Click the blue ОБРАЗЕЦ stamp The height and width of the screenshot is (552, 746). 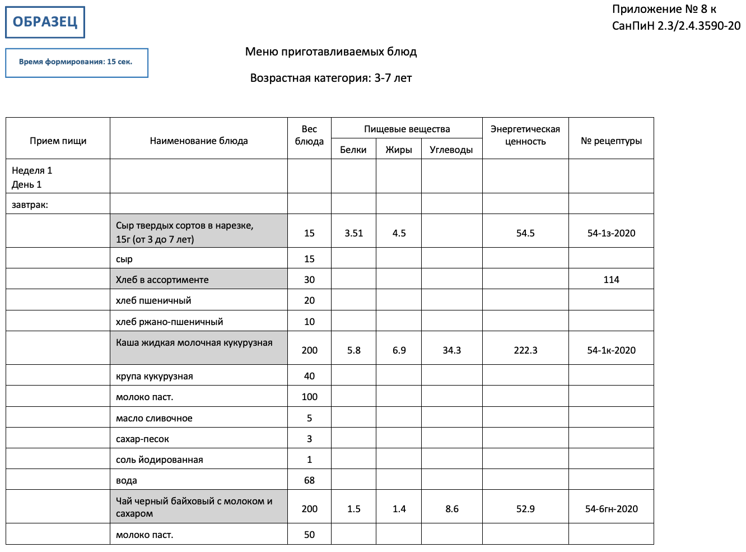pyautogui.click(x=45, y=22)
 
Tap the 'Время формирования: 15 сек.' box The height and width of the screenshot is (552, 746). pyautogui.click(x=76, y=62)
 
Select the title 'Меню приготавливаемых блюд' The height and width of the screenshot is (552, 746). pyautogui.click(x=330, y=52)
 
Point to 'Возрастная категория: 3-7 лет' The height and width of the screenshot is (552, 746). pyautogui.click(x=330, y=78)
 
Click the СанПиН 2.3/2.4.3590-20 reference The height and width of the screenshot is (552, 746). pyautogui.click(x=676, y=26)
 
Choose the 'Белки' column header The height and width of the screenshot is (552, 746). pyautogui.click(x=353, y=150)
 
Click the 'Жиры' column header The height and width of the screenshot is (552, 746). pyautogui.click(x=398, y=150)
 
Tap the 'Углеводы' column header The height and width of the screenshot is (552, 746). pyautogui.click(x=451, y=150)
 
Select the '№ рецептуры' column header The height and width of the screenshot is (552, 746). pyautogui.click(x=611, y=141)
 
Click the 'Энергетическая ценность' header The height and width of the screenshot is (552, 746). pyautogui.click(x=525, y=135)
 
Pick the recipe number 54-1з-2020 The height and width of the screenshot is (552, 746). pyautogui.click(x=611, y=233)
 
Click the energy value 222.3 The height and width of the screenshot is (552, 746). pyautogui.click(x=525, y=350)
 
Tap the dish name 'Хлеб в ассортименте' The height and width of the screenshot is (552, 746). pyautogui.click(x=162, y=280)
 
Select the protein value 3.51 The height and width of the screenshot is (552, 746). pyautogui.click(x=353, y=233)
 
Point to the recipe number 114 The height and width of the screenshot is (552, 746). pyautogui.click(x=611, y=280)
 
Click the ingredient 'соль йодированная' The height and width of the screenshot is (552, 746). pyautogui.click(x=159, y=460)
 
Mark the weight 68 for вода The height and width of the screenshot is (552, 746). pyautogui.click(x=309, y=480)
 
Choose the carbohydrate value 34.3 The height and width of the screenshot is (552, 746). pyautogui.click(x=451, y=350)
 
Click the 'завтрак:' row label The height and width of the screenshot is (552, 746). pyautogui.click(x=30, y=205)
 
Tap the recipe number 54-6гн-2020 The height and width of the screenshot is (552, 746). pyautogui.click(x=611, y=509)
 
